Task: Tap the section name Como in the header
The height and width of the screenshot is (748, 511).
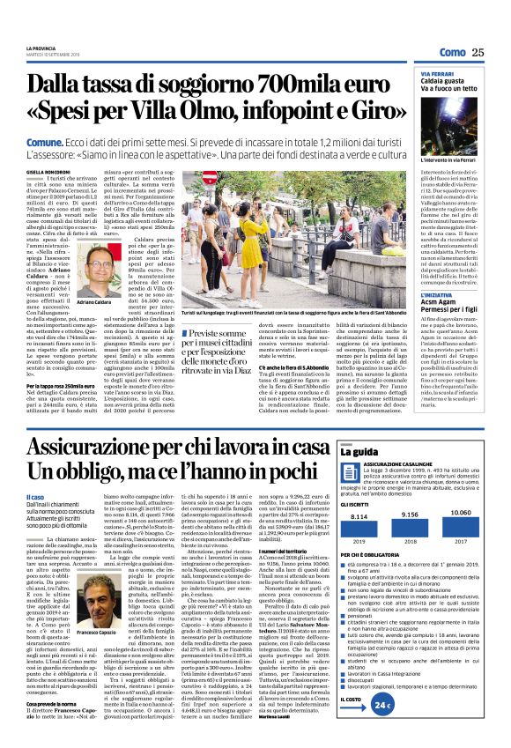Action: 451,53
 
